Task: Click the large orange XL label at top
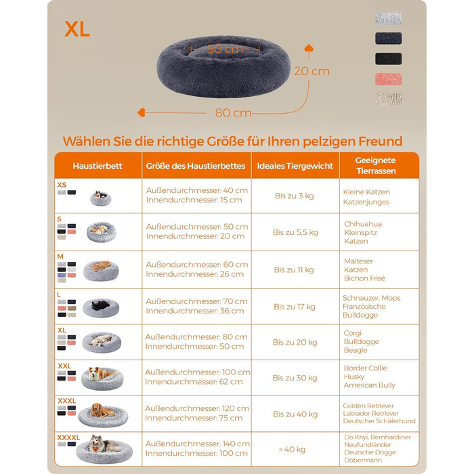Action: pyautogui.click(x=77, y=29)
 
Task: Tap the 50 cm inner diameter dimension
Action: pyautogui.click(x=225, y=49)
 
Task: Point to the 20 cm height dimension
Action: pyautogui.click(x=311, y=71)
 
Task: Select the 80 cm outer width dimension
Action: pyautogui.click(x=233, y=113)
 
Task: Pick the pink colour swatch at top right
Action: pyautogui.click(x=389, y=79)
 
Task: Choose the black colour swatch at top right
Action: pyautogui.click(x=389, y=59)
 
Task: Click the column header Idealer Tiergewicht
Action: pyautogui.click(x=295, y=166)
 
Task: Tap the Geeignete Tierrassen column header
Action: pyautogui.click(x=376, y=166)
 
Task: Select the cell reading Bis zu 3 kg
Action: pyautogui.click(x=294, y=196)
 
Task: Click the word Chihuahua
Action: pyautogui.click(x=363, y=224)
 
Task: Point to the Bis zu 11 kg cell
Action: pyautogui.click(x=294, y=270)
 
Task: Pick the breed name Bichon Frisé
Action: pyautogui.click(x=364, y=278)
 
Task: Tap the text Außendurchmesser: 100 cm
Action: pyautogui.click(x=198, y=372)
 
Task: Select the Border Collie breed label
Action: pyautogui.click(x=366, y=368)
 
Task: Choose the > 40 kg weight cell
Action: pyautogui.click(x=292, y=450)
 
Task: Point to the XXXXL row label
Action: pyautogui.click(x=68, y=437)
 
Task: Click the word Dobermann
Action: pyautogui.click(x=363, y=460)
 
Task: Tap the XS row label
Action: pyautogui.click(x=62, y=185)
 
